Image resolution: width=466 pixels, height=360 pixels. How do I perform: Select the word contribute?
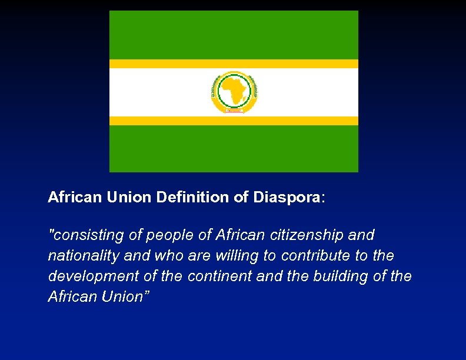(x=317, y=256)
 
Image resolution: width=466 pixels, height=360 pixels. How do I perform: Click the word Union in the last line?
(x=122, y=296)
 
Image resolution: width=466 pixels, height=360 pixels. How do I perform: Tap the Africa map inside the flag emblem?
(x=234, y=91)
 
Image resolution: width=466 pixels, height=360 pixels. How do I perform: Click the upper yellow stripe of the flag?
(x=234, y=64)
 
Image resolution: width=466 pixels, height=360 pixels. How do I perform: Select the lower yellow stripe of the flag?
(x=234, y=121)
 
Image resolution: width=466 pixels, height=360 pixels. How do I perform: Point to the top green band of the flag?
(x=234, y=35)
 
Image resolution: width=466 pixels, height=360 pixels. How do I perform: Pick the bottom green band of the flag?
(x=234, y=148)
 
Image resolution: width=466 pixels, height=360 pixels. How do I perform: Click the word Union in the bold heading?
(x=129, y=197)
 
